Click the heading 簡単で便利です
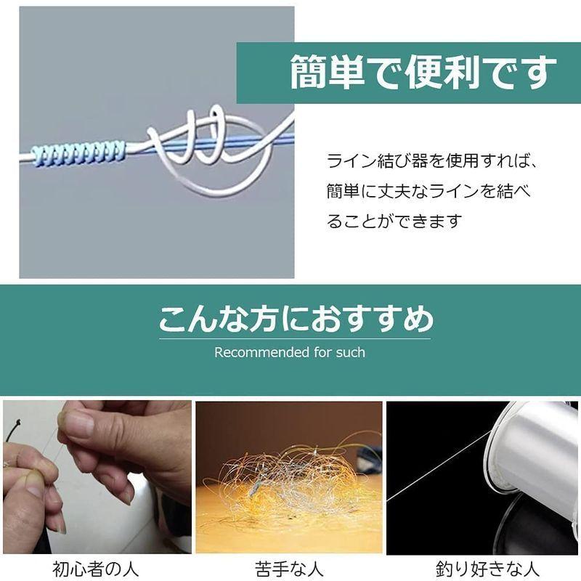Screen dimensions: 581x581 pos(423,73)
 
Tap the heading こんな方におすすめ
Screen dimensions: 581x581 pos(296,319)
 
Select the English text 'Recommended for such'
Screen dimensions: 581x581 pos(290,353)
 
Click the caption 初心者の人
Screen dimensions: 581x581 pos(95,566)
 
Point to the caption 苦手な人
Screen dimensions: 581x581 pos(288,566)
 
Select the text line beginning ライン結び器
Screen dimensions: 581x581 pos(435,161)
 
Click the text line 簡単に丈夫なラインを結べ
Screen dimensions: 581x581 pos(429,191)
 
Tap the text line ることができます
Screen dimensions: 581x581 pos(394,222)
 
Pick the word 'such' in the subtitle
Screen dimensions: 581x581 pos(351,353)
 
